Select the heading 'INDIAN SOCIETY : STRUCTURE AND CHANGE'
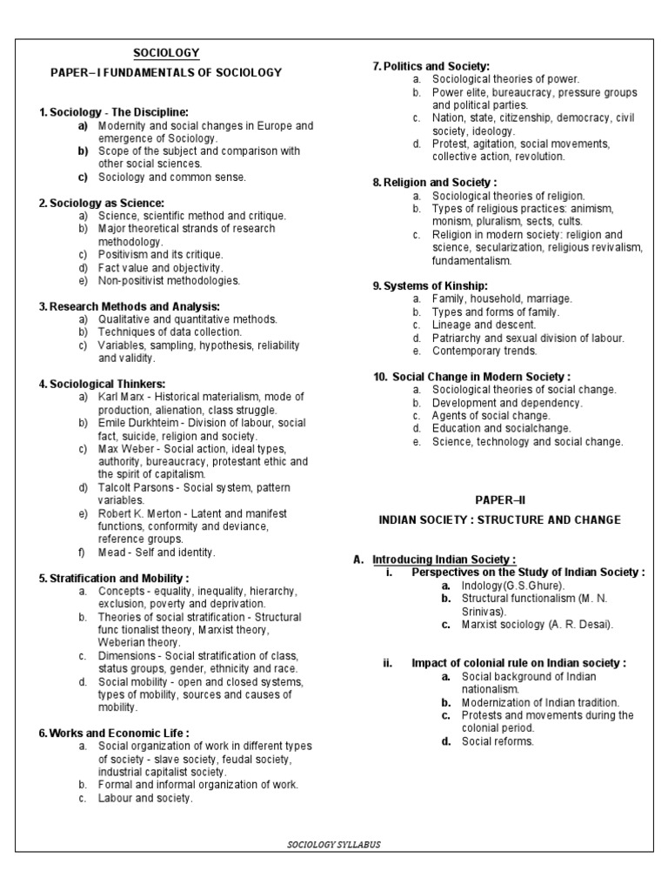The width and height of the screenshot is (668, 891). (500, 519)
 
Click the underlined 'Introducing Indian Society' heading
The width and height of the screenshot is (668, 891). (444, 559)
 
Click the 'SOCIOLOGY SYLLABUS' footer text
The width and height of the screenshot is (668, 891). (334, 844)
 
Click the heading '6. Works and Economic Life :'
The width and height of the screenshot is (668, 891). (114, 733)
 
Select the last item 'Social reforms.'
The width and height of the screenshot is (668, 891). (498, 741)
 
